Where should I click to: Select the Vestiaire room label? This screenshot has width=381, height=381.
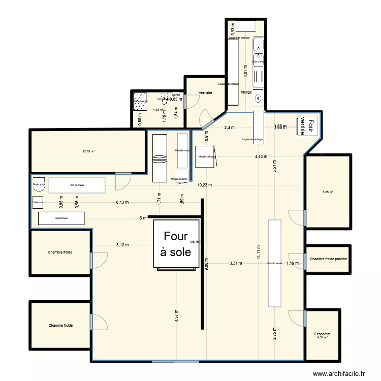pyautogui.click(x=205, y=93)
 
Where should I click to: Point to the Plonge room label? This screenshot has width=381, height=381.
pyautogui.click(x=246, y=92)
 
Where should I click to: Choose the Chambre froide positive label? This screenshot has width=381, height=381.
pyautogui.click(x=329, y=259)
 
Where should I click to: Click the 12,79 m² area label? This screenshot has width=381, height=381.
pyautogui.click(x=89, y=151)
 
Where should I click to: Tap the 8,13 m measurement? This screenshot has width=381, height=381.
pyautogui.click(x=122, y=202)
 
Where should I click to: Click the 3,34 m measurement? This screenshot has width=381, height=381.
pyautogui.click(x=236, y=263)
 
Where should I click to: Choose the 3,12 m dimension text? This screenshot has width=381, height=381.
pyautogui.click(x=122, y=245)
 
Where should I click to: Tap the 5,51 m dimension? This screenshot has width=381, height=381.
pyautogui.click(x=274, y=167)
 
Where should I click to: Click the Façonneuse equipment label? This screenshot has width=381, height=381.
pyautogui.click(x=61, y=218)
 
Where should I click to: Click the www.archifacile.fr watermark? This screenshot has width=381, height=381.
pyautogui.click(x=339, y=373)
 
